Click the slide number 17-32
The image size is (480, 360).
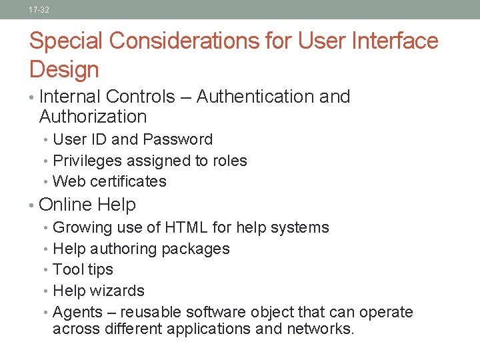click(39, 10)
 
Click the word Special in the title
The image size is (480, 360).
click(66, 41)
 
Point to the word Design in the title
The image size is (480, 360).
click(64, 69)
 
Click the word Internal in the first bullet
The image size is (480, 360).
click(70, 97)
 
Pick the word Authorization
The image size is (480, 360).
click(93, 117)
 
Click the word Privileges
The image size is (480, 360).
click(85, 161)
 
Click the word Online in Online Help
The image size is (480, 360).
click(65, 205)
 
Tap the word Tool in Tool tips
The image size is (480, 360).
click(67, 269)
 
